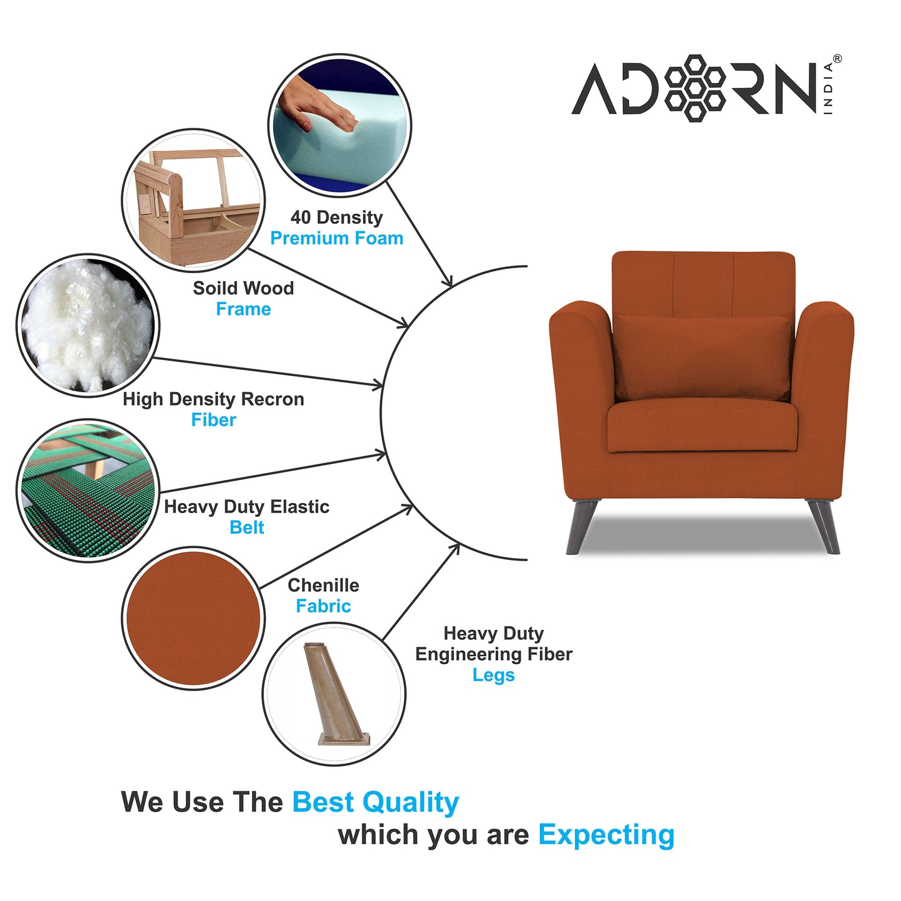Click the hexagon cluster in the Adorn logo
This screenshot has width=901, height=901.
point(695,88)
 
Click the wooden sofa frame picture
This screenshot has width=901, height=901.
point(193,200)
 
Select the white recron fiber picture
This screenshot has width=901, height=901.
point(87,325)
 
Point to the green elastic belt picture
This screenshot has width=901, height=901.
point(87,491)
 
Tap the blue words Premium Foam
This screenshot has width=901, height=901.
point(337,238)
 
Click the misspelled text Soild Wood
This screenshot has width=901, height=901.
point(243,288)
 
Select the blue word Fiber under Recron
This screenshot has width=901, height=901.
point(213,420)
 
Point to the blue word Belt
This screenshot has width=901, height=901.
point(247,528)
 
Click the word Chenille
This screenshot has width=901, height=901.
point(323,585)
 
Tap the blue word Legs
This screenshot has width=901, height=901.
point(493,675)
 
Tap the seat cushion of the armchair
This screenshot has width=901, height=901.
point(702,426)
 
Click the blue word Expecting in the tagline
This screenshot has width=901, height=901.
point(606,835)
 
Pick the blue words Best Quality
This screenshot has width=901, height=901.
point(375,802)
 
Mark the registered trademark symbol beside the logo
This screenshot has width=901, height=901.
point(837,59)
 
